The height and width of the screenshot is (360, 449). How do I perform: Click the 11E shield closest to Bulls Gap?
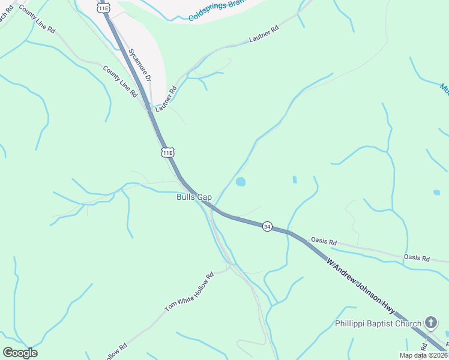(168, 152)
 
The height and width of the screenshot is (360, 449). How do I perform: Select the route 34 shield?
(267, 226)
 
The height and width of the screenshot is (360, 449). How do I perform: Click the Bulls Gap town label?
(194, 197)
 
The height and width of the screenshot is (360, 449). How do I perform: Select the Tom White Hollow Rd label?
(190, 293)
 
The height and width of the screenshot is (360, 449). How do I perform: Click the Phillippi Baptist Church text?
(378, 324)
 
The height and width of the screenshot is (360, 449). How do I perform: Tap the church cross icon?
(430, 323)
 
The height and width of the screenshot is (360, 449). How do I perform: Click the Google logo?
(20, 353)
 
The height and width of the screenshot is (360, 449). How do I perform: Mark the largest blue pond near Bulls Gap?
(241, 181)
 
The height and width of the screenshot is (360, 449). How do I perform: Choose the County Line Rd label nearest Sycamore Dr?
(121, 83)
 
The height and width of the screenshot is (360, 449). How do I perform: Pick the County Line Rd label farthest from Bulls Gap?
(37, 19)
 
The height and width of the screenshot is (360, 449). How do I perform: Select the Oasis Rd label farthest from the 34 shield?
(417, 258)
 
